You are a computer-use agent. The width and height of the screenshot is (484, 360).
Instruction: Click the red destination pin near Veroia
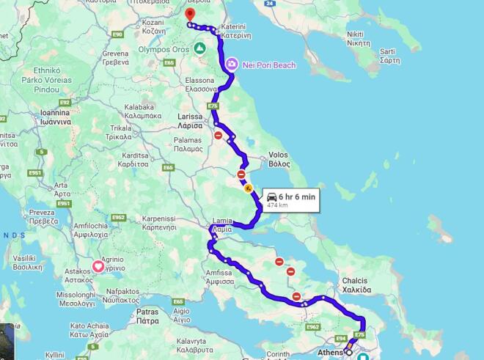190,15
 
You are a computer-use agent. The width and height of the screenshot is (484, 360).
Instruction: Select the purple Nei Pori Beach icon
232,65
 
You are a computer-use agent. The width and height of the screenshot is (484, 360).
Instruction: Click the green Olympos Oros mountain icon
199,49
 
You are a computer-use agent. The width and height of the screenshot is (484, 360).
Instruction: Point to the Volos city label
279,159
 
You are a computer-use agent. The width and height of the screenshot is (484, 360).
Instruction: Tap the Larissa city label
190,121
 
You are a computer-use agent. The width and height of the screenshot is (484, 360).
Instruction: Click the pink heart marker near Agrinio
97,268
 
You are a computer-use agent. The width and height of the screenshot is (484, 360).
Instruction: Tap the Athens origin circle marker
349,353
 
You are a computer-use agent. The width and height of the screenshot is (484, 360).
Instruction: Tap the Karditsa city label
137,159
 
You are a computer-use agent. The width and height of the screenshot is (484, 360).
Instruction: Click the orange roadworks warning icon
249,188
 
